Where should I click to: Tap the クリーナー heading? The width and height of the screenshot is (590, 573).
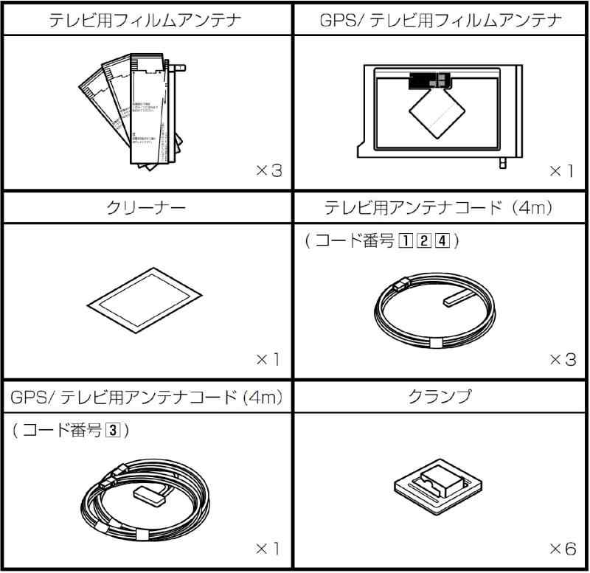click(x=146, y=209)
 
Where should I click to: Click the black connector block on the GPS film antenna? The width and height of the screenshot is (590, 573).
click(x=427, y=80)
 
